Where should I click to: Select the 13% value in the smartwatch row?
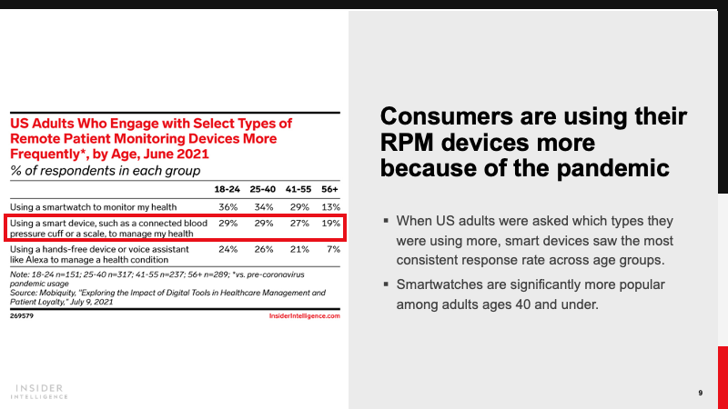click(x=330, y=206)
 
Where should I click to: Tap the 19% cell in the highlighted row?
click(x=330, y=222)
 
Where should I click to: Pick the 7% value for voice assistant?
click(x=332, y=247)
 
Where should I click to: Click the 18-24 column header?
click(x=226, y=189)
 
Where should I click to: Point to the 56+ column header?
click(x=329, y=189)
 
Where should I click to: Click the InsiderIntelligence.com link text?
click(x=305, y=316)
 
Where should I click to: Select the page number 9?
click(x=700, y=393)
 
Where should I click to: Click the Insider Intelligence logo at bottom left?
click(x=41, y=390)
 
